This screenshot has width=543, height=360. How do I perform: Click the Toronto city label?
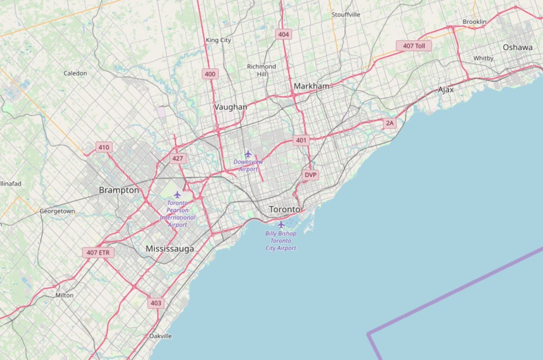pos(285,210)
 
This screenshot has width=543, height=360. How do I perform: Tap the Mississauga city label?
pos(170,249)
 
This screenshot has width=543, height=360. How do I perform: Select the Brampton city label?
pos(119,190)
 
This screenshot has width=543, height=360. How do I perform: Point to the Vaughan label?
pos(231,107)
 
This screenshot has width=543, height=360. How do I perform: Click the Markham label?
pos(311,86)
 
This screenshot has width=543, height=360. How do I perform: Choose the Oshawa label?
pos(517,47)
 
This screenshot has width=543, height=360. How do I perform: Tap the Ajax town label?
pos(446,90)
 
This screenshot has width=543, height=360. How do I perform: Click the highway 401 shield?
pos(301,140)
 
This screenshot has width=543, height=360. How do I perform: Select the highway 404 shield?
pos(284,34)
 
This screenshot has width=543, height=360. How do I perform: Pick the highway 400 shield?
pos(210,74)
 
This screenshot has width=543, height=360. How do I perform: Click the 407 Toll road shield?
pos(414,46)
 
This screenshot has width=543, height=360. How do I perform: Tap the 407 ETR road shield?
pos(98,252)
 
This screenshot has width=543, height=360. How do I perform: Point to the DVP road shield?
pos(310,175)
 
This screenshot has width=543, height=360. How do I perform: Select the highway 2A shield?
pos(390,123)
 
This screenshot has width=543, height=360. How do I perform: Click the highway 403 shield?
pos(156,303)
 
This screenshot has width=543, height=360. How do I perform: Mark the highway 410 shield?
pos(104,147)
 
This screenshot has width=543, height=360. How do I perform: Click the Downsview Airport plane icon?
pos(248,154)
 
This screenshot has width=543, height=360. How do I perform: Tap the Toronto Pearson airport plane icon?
pos(177,194)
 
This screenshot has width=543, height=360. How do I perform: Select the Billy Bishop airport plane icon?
pos(281,225)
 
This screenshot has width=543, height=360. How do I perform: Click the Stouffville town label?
pos(346,14)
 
